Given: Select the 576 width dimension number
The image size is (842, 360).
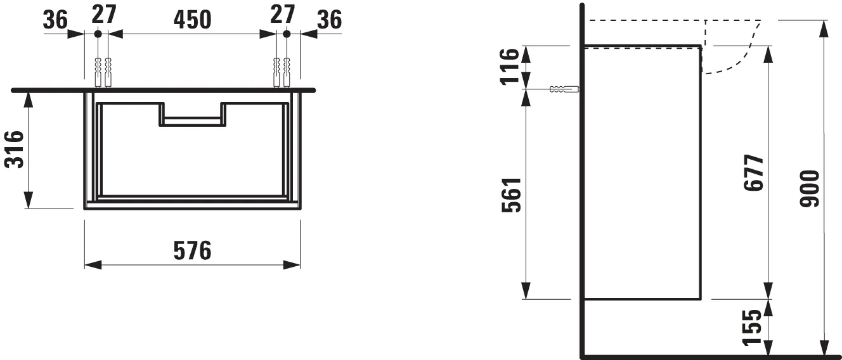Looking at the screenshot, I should click(192, 251).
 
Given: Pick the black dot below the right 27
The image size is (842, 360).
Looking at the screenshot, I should click(286, 34).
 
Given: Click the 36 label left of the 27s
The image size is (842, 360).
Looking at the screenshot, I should click(55, 20).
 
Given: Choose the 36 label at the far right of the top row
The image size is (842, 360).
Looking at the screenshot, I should click(329, 20).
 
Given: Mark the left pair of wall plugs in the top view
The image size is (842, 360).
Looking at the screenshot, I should click(103, 72).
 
